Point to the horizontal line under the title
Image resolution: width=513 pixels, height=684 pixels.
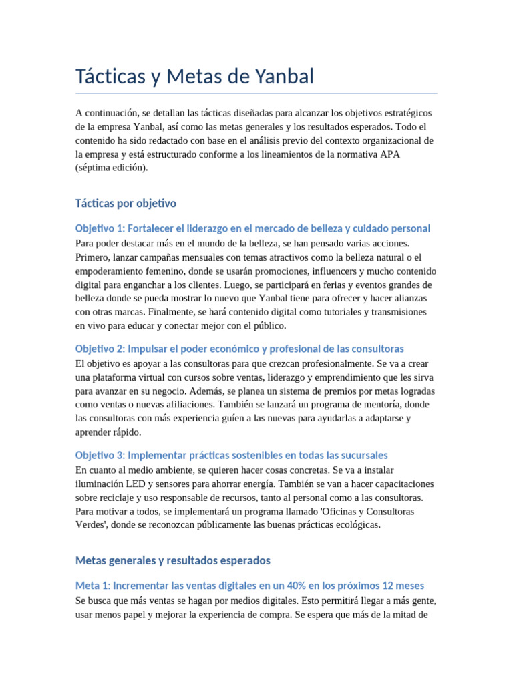click(x=256, y=94)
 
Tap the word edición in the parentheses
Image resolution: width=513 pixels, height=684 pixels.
click(x=125, y=168)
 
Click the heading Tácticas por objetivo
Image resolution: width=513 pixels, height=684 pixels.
click(x=126, y=203)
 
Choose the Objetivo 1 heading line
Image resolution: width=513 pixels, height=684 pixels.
click(x=252, y=228)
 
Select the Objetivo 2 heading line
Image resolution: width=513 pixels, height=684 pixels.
click(x=239, y=349)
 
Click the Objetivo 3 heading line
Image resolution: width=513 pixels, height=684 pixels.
click(x=231, y=455)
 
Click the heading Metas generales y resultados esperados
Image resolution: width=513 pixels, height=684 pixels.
click(x=172, y=560)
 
